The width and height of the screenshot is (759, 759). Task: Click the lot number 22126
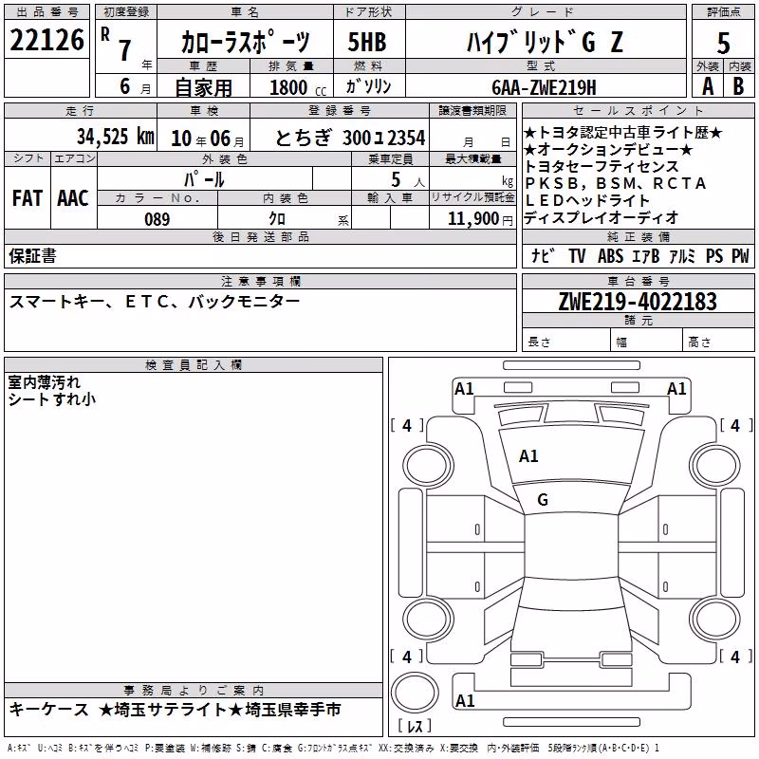coord(46,40)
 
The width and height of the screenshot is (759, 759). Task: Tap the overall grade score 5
coord(723,43)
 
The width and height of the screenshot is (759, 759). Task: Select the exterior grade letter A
coord(708,86)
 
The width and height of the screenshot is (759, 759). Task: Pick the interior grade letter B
coord(738,86)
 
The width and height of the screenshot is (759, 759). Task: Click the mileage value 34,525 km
coord(116,136)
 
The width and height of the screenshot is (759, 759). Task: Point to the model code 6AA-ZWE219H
coord(544,87)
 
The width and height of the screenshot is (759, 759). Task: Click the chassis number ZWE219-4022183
coord(638,301)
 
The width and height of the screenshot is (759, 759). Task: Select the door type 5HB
coord(367,42)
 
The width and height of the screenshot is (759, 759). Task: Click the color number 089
coord(157,219)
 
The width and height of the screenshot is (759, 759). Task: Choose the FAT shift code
coord(28,198)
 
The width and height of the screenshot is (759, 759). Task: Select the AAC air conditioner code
coord(73,198)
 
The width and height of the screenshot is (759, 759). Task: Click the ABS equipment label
coord(610,255)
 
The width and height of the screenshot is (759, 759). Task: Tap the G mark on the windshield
coord(543,500)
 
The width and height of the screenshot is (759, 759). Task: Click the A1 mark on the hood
coord(528,455)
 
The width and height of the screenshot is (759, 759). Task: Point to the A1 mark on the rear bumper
coord(465,700)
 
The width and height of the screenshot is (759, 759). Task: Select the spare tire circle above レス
coord(415,693)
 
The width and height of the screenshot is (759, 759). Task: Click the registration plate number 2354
coord(406,138)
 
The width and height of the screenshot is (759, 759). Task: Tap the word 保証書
coord(32,255)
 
